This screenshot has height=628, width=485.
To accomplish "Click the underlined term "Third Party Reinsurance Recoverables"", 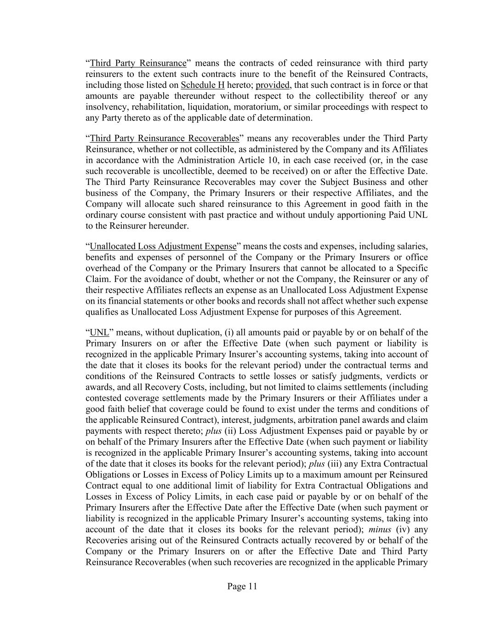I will click(165, 138).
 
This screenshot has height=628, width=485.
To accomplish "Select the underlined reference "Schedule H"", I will click(203, 85).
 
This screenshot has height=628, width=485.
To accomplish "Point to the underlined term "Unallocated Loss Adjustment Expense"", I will click(163, 247).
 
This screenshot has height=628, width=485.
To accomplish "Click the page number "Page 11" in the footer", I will click(242, 586).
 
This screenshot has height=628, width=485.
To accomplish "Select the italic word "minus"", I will click(379, 530).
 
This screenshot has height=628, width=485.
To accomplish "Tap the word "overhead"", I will click(102, 268).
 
